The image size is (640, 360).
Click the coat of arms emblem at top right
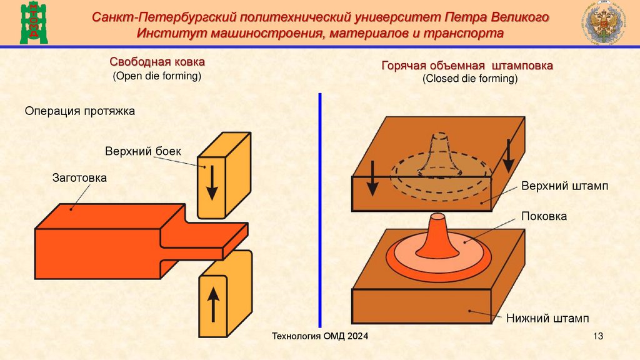pyautogui.click(x=602, y=23)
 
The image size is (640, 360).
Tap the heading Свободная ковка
pyautogui.click(x=157, y=62)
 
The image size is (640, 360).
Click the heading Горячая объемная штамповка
pyautogui.click(x=467, y=66)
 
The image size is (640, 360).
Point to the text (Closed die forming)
pyautogui.click(x=469, y=79)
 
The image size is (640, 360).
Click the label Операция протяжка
pyautogui.click(x=79, y=111)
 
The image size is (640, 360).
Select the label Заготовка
pyautogui.click(x=79, y=178)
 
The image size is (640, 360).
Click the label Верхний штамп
pyautogui.click(x=565, y=186)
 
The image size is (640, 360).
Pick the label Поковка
pyautogui.click(x=544, y=216)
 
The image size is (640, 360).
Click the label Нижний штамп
pyautogui.click(x=547, y=318)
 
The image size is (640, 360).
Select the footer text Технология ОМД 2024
pyautogui.click(x=319, y=337)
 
